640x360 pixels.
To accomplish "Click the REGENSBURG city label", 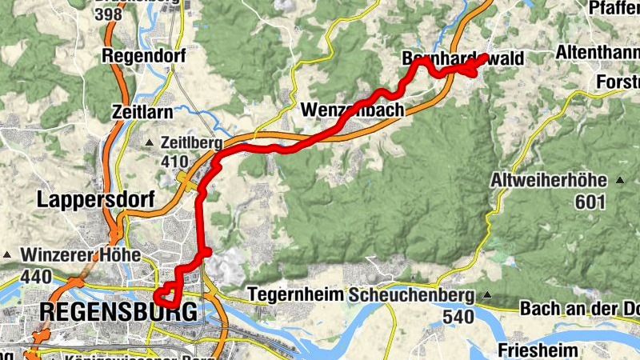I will (x=117, y=312).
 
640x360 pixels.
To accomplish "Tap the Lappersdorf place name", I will (x=95, y=200).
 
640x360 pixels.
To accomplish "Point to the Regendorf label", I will (x=144, y=57).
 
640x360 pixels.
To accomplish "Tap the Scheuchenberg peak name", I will (x=410, y=294).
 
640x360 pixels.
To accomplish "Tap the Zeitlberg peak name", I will (x=192, y=143).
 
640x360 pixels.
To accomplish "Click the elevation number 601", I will (x=590, y=202).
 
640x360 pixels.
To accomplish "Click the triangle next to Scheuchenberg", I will (x=486, y=294).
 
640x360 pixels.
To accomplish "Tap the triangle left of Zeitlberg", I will (x=150, y=143).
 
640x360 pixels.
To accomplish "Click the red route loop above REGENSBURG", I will (x=166, y=298).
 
